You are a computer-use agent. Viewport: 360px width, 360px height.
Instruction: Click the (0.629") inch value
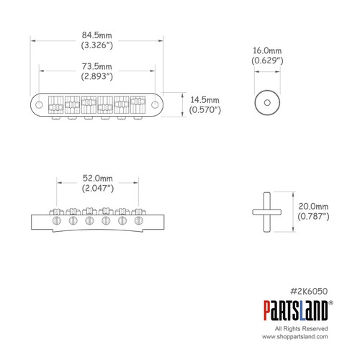[268, 63]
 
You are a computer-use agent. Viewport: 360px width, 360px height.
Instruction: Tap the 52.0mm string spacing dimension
[96, 177]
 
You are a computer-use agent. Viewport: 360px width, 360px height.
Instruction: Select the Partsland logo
[296, 311]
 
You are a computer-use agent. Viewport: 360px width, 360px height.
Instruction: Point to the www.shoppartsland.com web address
[295, 337]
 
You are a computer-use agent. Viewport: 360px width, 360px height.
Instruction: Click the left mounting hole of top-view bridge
[40, 103]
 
